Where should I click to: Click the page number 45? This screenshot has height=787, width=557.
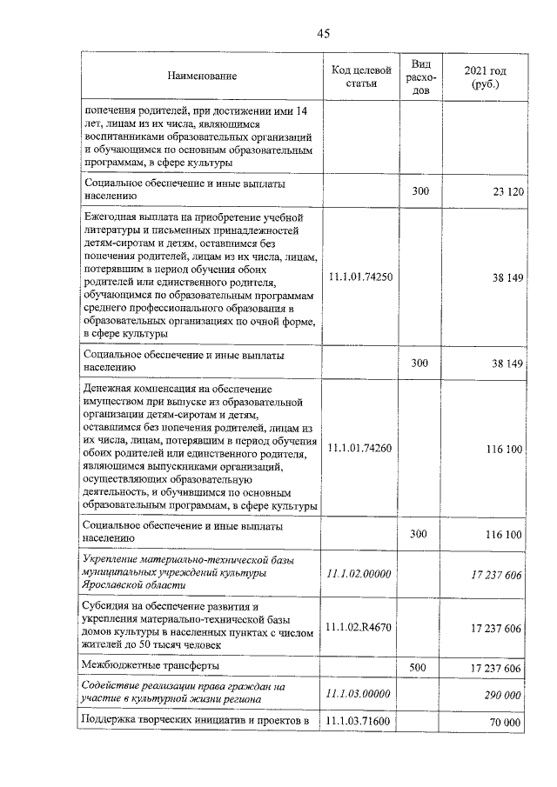pos(324,34)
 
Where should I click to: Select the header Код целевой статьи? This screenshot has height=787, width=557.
pos(360,77)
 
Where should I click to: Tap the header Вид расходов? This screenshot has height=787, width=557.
pos(420,77)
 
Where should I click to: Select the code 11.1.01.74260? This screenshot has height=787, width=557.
pos(360,449)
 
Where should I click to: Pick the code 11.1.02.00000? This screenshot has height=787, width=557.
pos(360,574)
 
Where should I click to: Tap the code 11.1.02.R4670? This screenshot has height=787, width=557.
pos(360,627)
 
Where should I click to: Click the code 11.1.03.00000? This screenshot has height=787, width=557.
pos(360,693)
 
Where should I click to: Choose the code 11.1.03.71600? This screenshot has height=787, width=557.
pos(360,722)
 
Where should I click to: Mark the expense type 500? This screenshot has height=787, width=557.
pos(420,667)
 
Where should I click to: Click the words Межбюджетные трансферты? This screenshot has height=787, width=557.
pos(151,666)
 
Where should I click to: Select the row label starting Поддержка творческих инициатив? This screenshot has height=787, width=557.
pos(196,722)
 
